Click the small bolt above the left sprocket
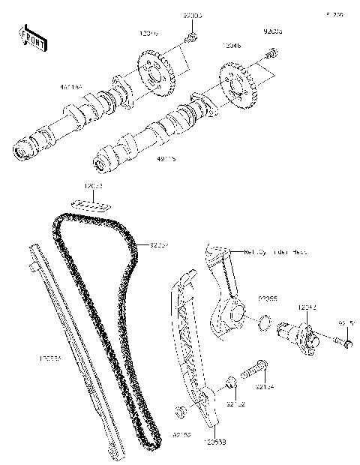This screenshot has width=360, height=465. click(192, 38)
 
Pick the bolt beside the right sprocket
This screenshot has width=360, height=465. click(272, 53)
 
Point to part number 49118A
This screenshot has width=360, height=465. click(72, 88)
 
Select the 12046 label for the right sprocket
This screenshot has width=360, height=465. click(232, 46)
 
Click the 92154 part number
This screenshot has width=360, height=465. click(263, 388)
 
